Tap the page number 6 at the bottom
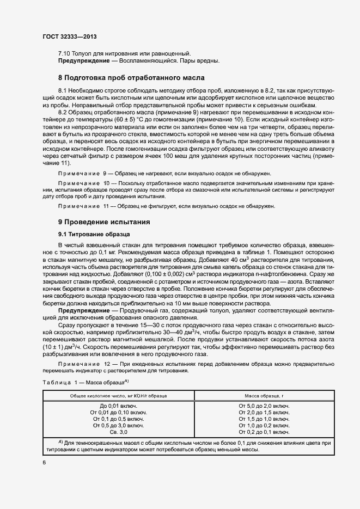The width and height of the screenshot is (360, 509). coord(44,463)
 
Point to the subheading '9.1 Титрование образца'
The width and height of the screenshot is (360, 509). coord(93,234)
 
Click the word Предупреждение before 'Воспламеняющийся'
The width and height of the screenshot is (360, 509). coord(84,60)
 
